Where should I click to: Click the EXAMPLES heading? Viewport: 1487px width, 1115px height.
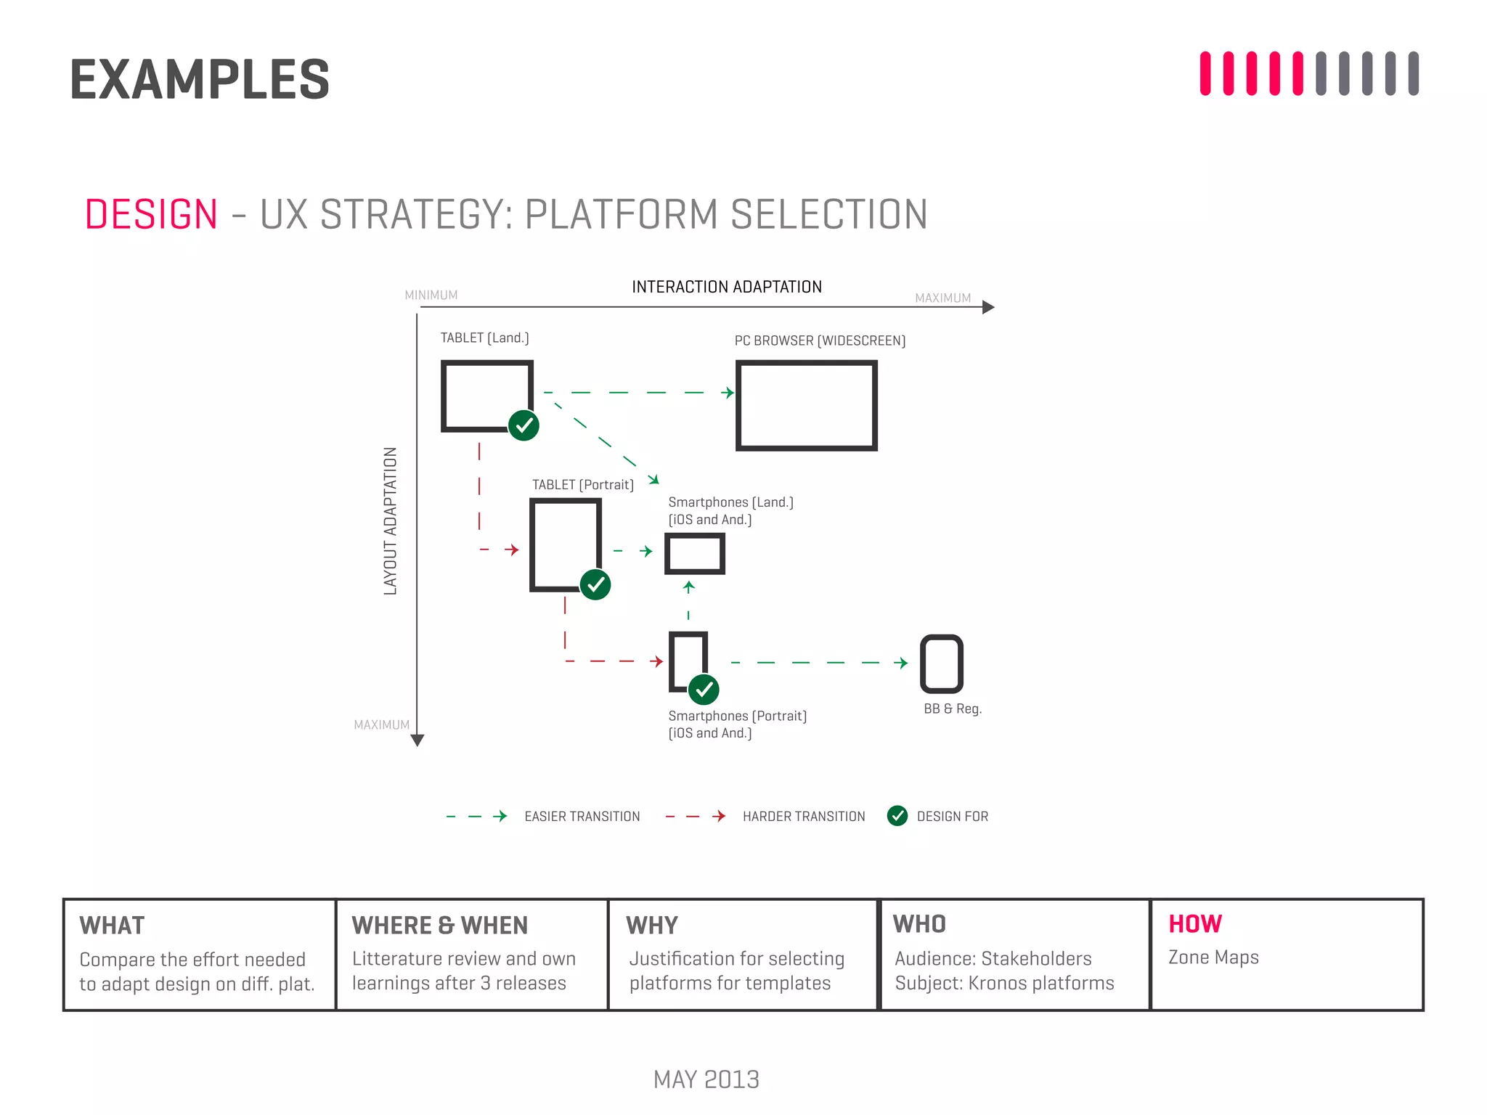pos(200,80)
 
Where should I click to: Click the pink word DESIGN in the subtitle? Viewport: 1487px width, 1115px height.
pos(151,215)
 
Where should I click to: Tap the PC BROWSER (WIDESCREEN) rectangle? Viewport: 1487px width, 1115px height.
pos(806,406)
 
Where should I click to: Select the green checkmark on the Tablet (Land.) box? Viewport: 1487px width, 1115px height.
pos(523,425)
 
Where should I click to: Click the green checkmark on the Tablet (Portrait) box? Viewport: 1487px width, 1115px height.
pos(595,584)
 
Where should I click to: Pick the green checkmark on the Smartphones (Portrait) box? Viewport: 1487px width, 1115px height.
pos(704,690)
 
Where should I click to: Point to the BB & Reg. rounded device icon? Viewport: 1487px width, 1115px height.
pos(942,664)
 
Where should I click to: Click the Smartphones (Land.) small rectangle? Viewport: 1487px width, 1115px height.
pos(695,554)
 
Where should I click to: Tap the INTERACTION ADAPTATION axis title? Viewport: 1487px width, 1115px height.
pos(727,287)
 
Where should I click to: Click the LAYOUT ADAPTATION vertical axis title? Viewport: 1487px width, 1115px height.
pos(391,520)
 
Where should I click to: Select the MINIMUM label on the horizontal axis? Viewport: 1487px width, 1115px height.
pos(431,295)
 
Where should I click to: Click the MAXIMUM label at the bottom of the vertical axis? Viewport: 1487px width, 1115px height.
pos(381,725)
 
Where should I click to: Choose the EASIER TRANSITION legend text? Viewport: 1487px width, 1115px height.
pos(582,817)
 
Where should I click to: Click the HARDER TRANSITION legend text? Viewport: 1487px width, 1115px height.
pos(804,817)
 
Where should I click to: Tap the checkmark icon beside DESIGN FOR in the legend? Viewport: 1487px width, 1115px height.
pos(897,816)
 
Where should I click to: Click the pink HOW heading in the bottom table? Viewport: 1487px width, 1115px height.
pos(1195,924)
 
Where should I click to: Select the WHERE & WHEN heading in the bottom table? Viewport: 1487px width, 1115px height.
pos(439,926)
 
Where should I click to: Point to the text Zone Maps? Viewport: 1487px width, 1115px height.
pos(1213,957)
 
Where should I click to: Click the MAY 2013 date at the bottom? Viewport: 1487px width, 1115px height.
pos(706,1079)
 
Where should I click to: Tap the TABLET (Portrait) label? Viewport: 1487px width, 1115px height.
pos(582,485)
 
